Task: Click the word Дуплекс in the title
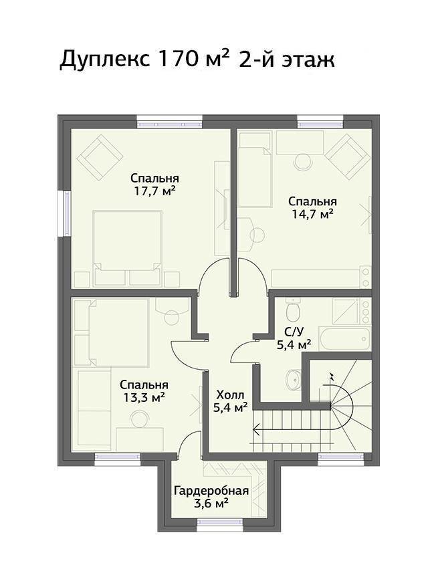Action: (104, 60)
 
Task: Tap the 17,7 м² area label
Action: (154, 191)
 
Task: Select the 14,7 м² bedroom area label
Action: (312, 214)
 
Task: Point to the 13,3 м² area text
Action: (144, 397)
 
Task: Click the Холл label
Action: (230, 395)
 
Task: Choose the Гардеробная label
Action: (211, 491)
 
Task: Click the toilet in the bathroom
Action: (293, 310)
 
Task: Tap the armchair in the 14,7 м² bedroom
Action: (348, 157)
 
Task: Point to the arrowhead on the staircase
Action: (257, 429)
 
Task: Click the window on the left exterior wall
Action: (67, 213)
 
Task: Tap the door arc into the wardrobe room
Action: (186, 440)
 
